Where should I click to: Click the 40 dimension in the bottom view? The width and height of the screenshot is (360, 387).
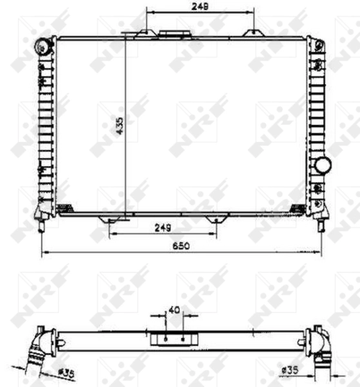pyautogui.click(x=174, y=310)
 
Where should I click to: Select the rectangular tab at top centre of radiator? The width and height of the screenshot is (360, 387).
pyautogui.click(x=172, y=34)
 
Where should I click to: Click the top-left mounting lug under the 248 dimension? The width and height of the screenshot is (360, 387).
pyautogui.click(x=148, y=34)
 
